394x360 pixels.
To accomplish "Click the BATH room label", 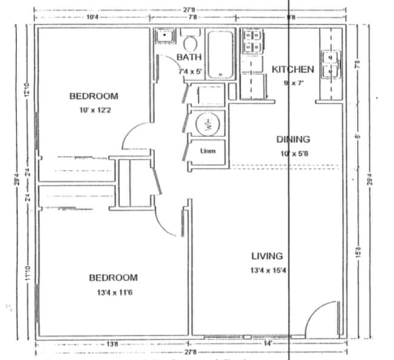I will pyautogui.click(x=189, y=57).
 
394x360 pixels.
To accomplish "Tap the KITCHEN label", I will pyautogui.click(x=292, y=69).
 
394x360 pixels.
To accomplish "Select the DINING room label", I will pyautogui.click(x=293, y=139).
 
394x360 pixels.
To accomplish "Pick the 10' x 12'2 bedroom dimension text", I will pyautogui.click(x=93, y=110).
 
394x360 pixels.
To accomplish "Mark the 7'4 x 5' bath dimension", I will pyautogui.click(x=190, y=72).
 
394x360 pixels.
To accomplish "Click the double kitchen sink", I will pyautogui.click(x=331, y=63).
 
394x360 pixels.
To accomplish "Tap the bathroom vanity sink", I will pyautogui.click(x=164, y=38).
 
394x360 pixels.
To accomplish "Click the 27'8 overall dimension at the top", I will pyautogui.click(x=189, y=8).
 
